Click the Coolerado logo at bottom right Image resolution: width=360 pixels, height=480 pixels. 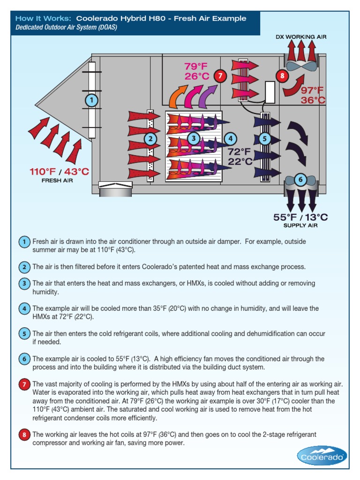click(x=322, y=455)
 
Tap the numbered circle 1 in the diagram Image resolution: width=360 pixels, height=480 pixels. click(x=91, y=100)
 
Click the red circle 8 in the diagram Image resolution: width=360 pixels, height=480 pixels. click(x=282, y=75)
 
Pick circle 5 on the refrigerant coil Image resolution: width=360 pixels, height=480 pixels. click(x=265, y=138)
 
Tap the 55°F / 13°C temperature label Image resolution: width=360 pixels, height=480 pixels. click(x=300, y=217)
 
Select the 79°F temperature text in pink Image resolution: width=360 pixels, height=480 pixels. click(x=195, y=67)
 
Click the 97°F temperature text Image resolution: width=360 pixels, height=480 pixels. click(x=313, y=90)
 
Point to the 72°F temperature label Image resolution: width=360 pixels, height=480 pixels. click(x=240, y=152)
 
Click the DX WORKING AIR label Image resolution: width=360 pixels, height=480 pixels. click(x=300, y=37)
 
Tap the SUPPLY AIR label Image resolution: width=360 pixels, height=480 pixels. click(x=300, y=225)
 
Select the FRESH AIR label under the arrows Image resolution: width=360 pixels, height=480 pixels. click(x=57, y=180)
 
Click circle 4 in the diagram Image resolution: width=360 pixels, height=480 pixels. click(x=230, y=138)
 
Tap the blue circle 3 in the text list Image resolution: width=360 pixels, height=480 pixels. click(x=24, y=284)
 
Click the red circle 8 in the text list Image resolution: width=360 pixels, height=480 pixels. click(x=24, y=435)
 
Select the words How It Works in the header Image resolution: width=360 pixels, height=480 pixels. click(x=43, y=19)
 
